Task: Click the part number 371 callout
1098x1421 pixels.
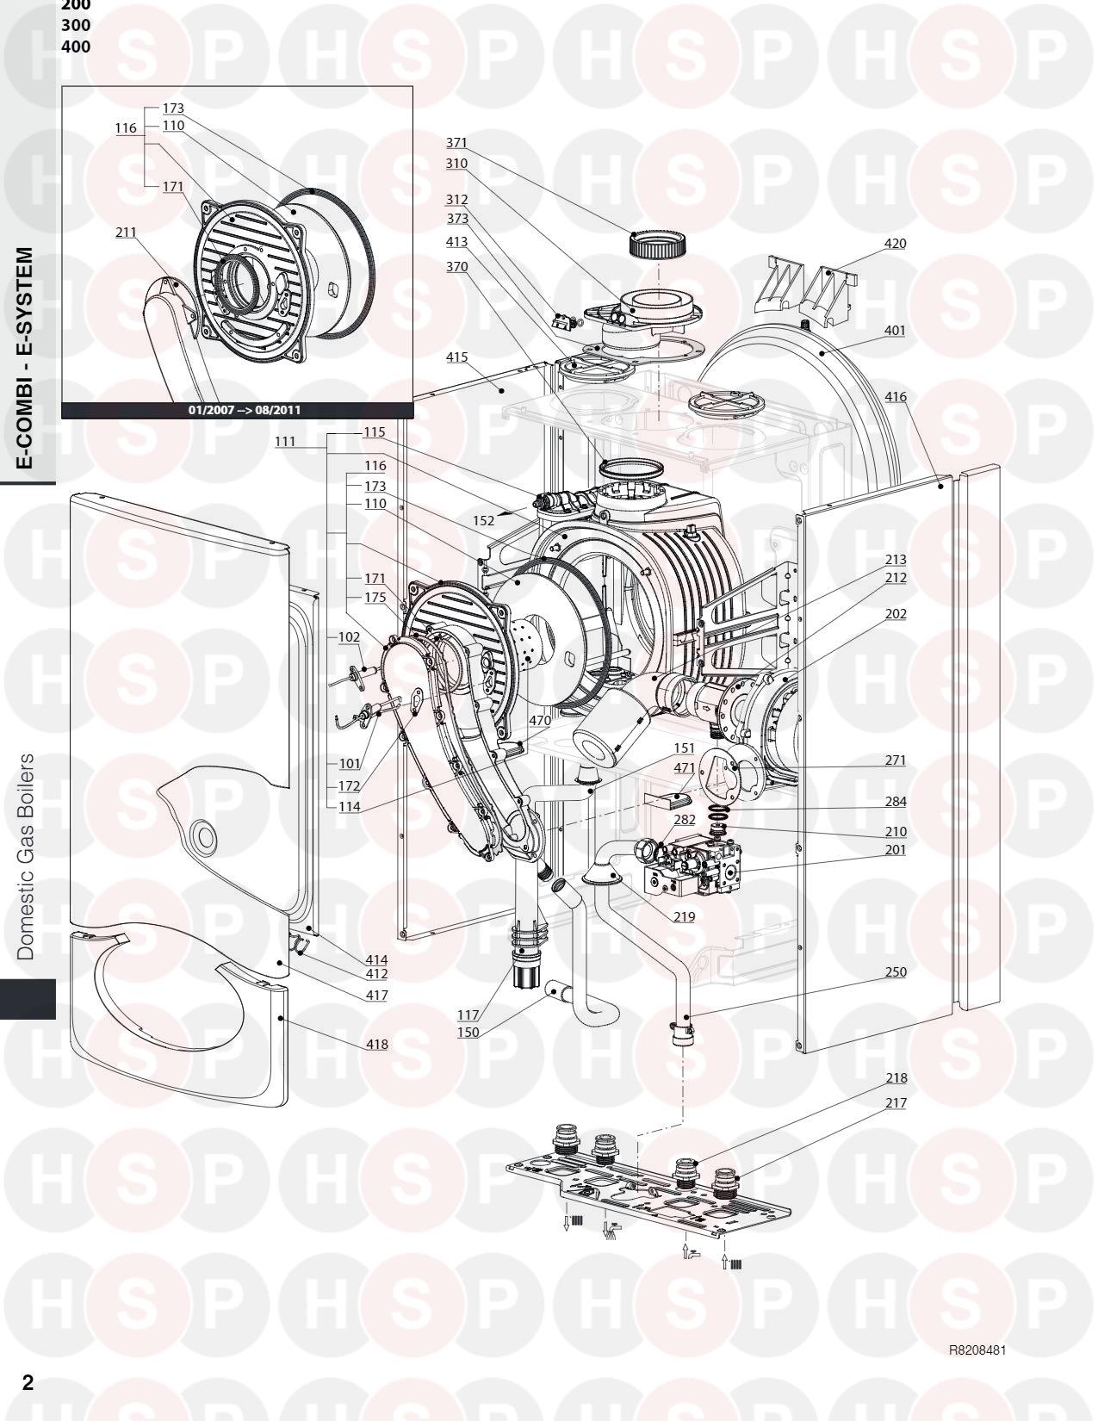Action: coord(456,142)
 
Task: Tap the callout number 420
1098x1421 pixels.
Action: coord(895,244)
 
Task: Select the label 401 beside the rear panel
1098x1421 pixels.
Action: coord(895,330)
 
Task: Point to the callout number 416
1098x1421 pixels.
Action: coord(895,397)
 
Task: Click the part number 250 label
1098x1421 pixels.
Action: coord(895,972)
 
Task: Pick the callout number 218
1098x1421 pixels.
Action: coord(895,1078)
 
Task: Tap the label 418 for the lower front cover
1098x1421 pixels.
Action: coord(375,1045)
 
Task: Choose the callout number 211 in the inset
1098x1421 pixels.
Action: coord(126,233)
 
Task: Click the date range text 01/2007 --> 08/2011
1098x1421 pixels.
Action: coord(245,410)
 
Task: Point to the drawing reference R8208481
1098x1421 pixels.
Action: coord(976,1350)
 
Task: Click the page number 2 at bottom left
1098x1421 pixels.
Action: coord(28,1383)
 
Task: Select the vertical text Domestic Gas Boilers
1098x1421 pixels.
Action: coord(27,857)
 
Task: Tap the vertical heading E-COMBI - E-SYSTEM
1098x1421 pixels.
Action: coord(27,357)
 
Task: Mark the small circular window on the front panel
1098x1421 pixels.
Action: coord(203,835)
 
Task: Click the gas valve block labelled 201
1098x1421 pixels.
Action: coord(697,862)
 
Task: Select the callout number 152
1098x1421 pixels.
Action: coord(483,521)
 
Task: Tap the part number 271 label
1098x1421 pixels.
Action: coord(895,761)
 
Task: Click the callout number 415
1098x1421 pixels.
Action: coord(456,357)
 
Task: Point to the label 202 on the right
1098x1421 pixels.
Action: coord(895,614)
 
